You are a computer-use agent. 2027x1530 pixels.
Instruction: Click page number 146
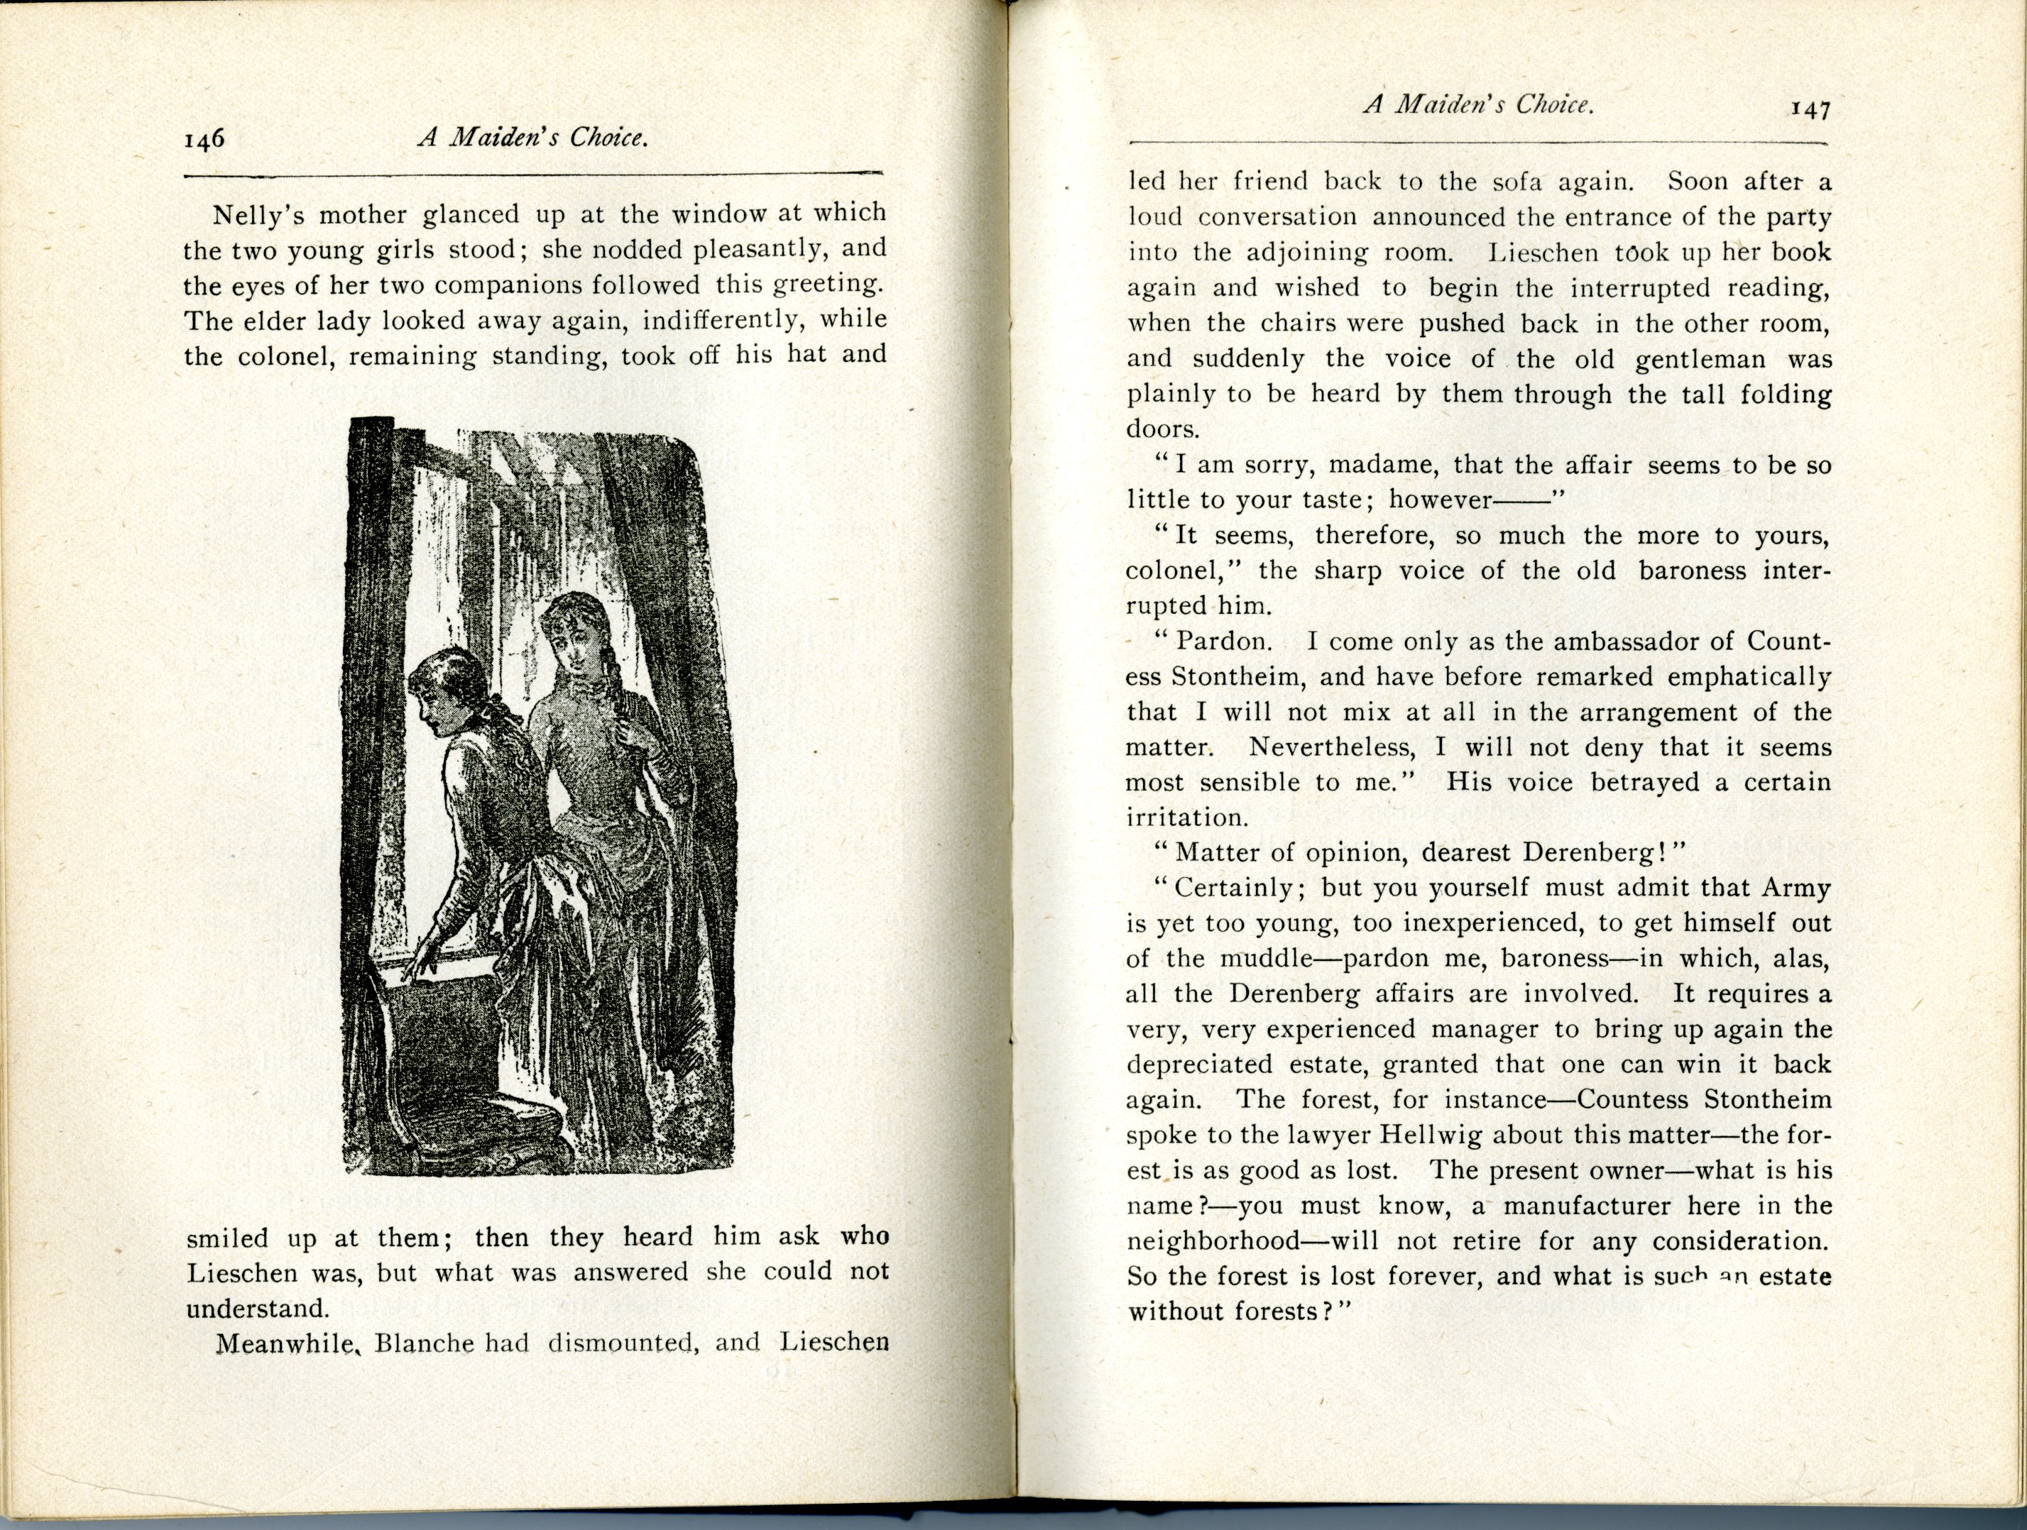click(204, 141)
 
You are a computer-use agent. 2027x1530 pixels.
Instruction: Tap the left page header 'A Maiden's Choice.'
click(533, 138)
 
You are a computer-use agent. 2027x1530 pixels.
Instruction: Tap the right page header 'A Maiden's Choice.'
click(1479, 105)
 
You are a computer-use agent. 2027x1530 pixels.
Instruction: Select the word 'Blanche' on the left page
click(425, 1344)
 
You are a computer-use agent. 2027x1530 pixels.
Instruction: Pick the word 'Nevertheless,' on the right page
click(1331, 747)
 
